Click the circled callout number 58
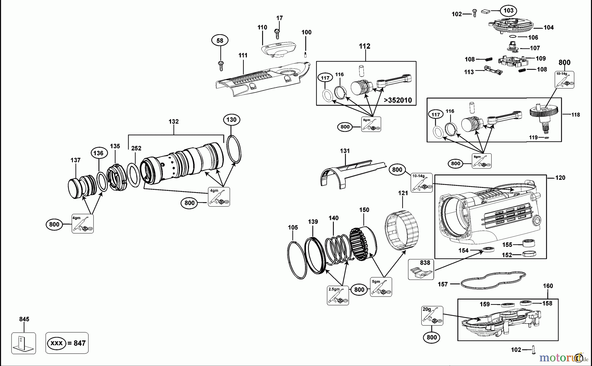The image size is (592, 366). click(220, 40)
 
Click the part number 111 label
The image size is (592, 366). click(243, 55)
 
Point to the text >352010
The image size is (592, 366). click(398, 100)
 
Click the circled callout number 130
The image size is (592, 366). click(231, 119)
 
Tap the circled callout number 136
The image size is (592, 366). click(98, 153)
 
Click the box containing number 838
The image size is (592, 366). click(421, 269)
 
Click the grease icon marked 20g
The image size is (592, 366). click(432, 316)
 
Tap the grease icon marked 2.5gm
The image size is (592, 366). click(338, 295)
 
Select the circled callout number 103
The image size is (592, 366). click(508, 11)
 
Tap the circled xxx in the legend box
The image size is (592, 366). click(57, 343)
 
